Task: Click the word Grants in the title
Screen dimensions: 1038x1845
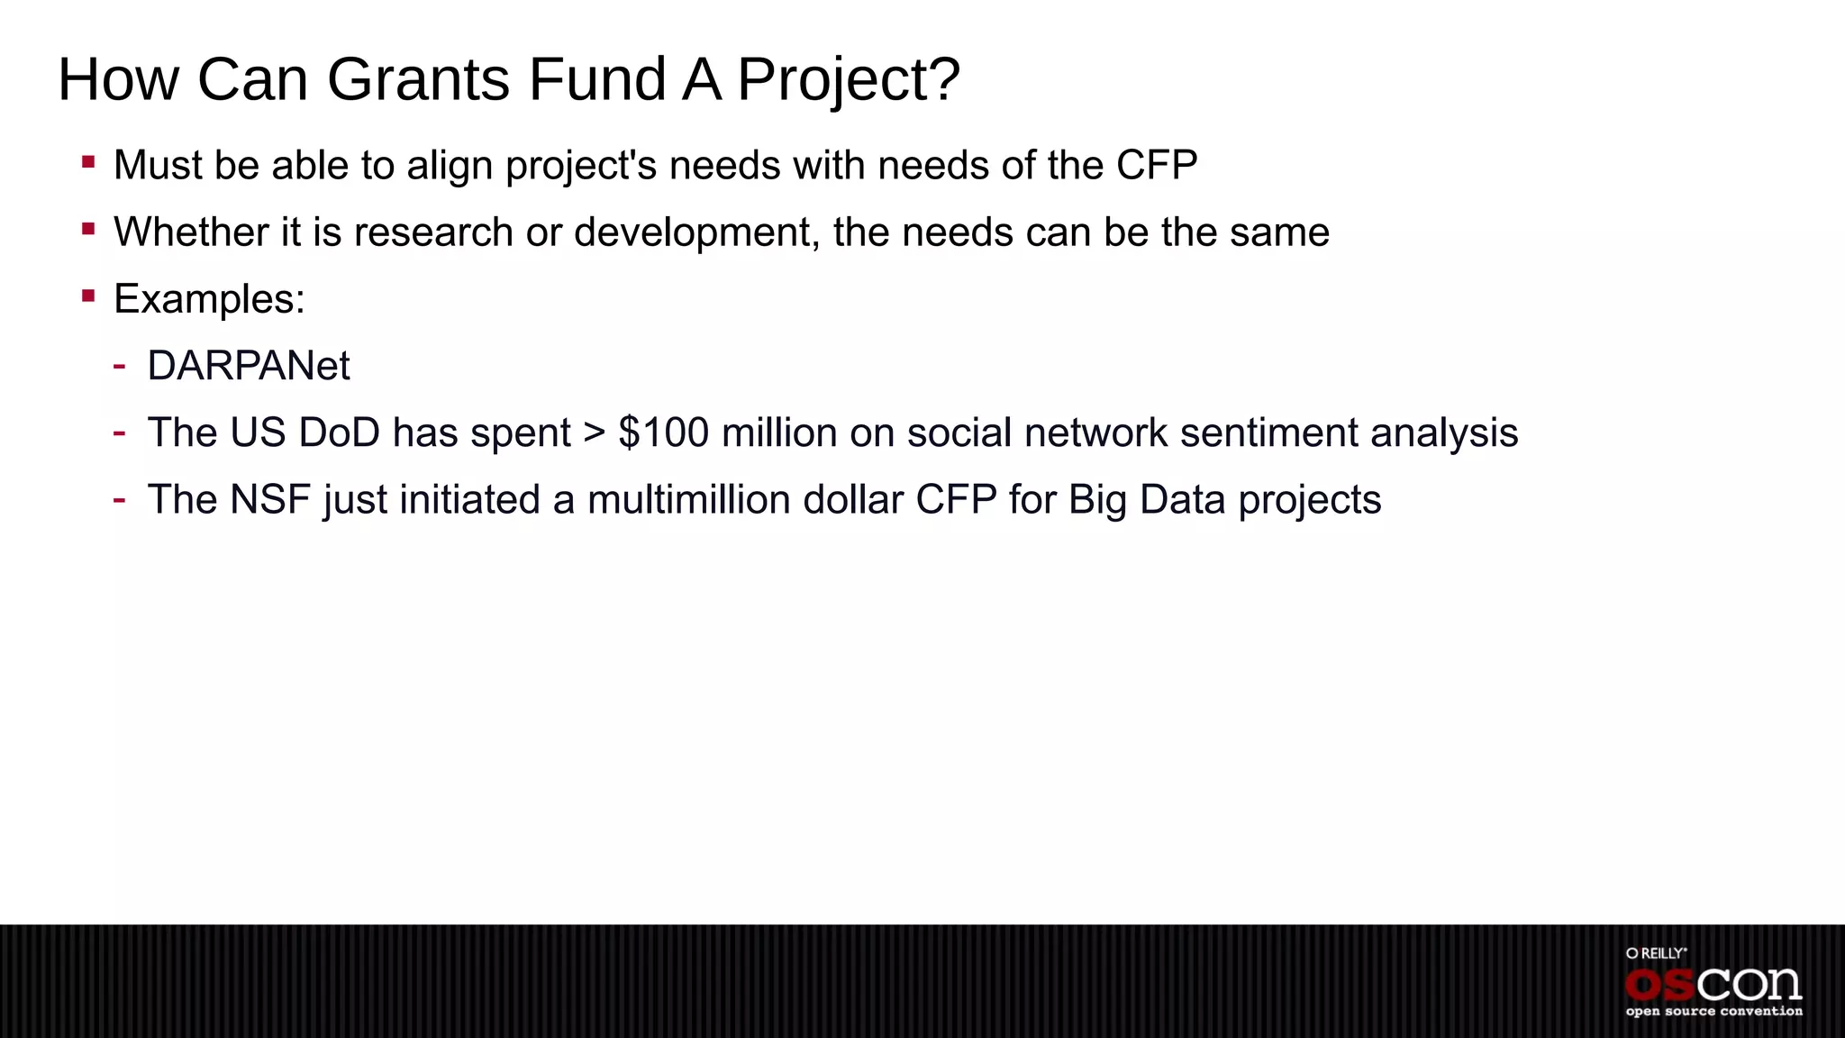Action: click(419, 79)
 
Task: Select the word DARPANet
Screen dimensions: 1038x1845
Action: click(248, 366)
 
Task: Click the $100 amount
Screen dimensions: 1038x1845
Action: click(664, 432)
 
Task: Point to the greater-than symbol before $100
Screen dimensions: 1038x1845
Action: click(595, 432)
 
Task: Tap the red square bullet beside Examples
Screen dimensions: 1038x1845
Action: click(88, 296)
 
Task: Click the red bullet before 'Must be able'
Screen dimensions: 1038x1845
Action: click(88, 162)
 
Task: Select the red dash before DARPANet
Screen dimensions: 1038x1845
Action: click(119, 365)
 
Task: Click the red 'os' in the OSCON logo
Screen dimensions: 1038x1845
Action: click(1659, 985)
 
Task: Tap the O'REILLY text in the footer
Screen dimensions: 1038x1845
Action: click(1656, 953)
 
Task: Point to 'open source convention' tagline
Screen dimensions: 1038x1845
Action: click(1713, 1012)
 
